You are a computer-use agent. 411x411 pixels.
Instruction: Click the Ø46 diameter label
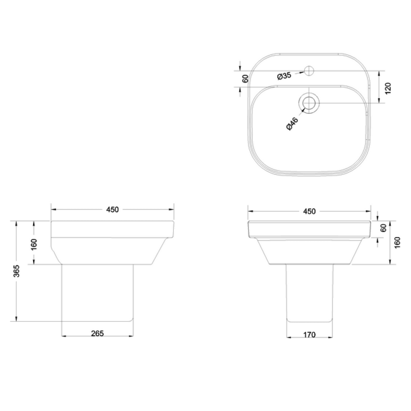[293, 123]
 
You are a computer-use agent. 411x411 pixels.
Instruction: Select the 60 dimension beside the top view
[244, 79]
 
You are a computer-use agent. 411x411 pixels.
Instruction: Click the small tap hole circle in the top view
[309, 71]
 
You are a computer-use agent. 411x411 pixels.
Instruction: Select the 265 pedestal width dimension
[98, 334]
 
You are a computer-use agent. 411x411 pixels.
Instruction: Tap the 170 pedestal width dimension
[309, 335]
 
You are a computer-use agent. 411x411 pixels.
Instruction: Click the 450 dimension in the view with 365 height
[112, 209]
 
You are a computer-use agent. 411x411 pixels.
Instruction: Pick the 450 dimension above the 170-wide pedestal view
[309, 211]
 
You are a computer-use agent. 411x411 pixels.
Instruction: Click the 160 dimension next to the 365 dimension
[34, 244]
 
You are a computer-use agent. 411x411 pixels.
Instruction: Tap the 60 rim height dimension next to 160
[383, 228]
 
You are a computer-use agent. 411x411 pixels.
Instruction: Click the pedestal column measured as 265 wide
[98, 293]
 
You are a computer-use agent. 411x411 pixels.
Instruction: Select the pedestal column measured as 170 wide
[309, 293]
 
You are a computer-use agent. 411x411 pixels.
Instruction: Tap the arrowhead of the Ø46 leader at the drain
[304, 110]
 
